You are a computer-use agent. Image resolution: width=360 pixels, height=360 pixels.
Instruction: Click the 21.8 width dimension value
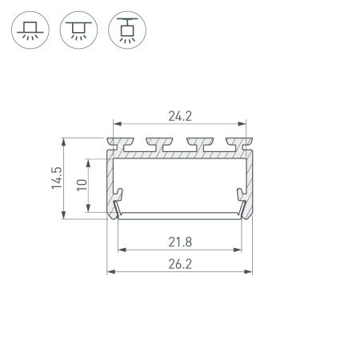click(180, 240)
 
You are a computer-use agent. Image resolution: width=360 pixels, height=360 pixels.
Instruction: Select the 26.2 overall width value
click(180, 262)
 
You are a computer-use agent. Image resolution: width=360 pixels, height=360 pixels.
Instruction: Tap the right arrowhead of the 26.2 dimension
click(248, 272)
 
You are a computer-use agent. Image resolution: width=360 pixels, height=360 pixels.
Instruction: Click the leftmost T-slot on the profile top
click(130, 146)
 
